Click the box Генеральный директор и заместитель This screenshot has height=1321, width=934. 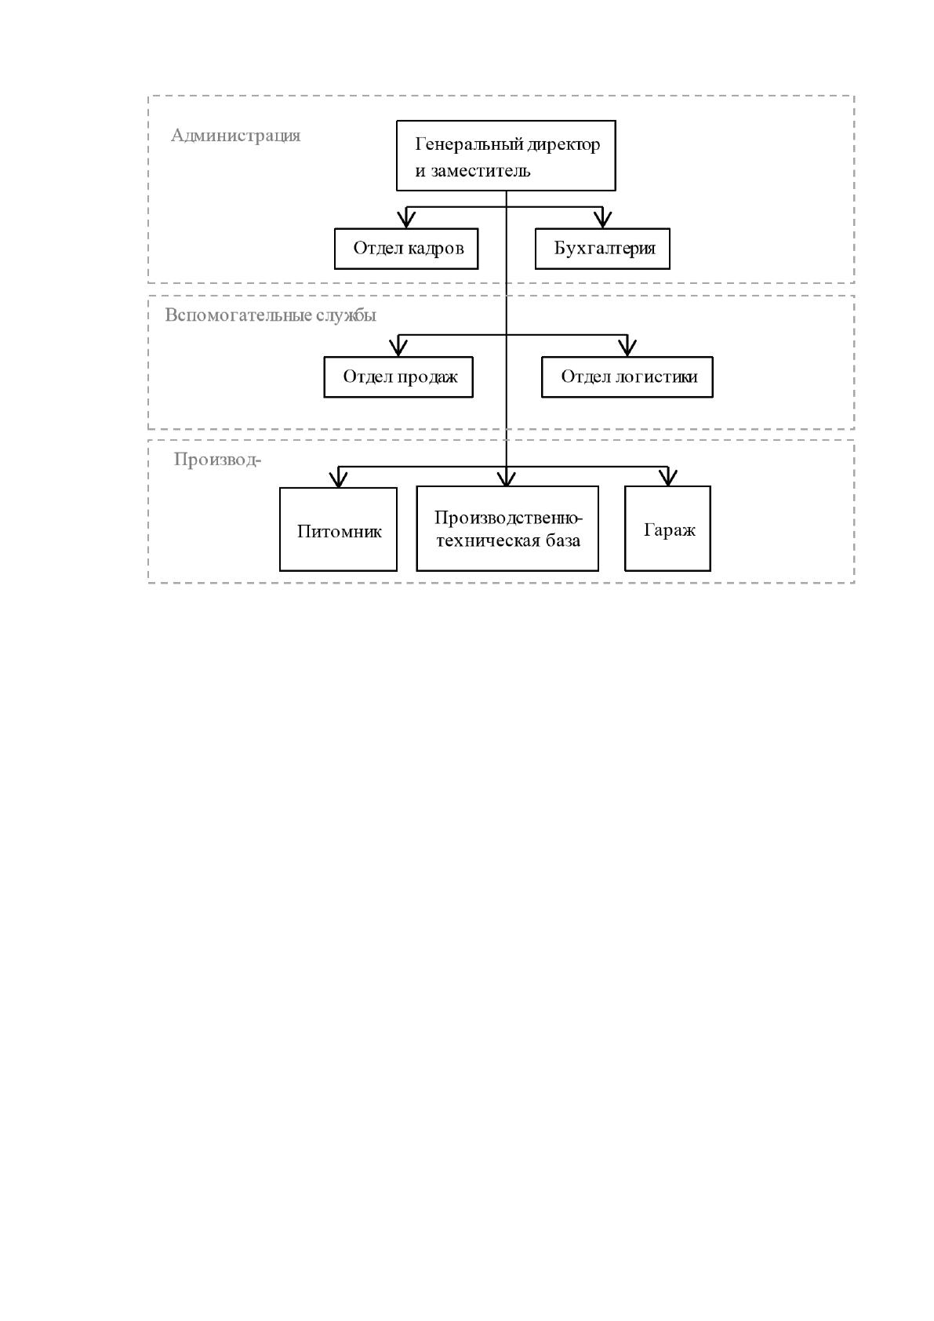(505, 155)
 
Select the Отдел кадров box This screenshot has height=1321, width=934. (405, 249)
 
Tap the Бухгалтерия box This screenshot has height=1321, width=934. (602, 249)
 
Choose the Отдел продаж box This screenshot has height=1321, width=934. (398, 377)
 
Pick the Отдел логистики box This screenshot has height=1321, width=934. (627, 377)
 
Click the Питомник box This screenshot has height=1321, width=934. (338, 529)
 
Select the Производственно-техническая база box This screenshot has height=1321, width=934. (507, 529)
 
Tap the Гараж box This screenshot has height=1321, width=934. (667, 529)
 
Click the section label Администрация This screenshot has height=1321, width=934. (235, 136)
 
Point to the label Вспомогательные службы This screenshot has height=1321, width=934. (271, 315)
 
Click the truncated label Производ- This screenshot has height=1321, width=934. (217, 460)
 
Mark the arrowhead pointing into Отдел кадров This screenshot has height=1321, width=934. (405, 220)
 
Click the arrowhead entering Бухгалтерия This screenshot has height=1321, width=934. (602, 220)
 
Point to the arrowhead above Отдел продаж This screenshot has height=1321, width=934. (398, 348)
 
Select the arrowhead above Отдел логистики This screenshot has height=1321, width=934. (627, 348)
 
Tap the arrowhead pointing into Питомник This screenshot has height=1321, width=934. (338, 479)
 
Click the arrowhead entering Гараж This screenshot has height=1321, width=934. (667, 477)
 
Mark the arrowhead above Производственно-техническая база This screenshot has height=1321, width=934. (507, 477)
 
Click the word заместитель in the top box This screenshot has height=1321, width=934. (481, 171)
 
